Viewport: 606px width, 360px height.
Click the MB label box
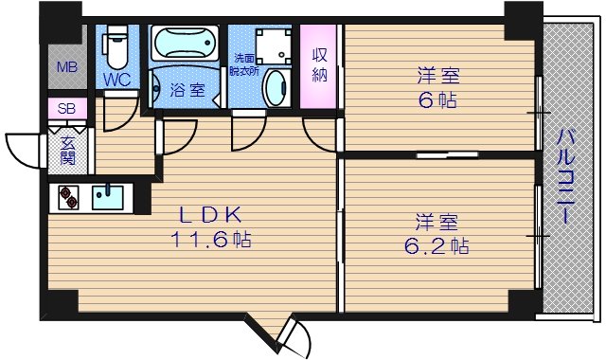[66, 67]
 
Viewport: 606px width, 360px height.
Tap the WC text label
[117, 80]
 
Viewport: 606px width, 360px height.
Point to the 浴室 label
[186, 91]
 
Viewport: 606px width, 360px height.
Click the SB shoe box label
[67, 109]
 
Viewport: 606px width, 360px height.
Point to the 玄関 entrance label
[69, 151]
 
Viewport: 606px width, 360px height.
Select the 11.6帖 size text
[210, 240]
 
